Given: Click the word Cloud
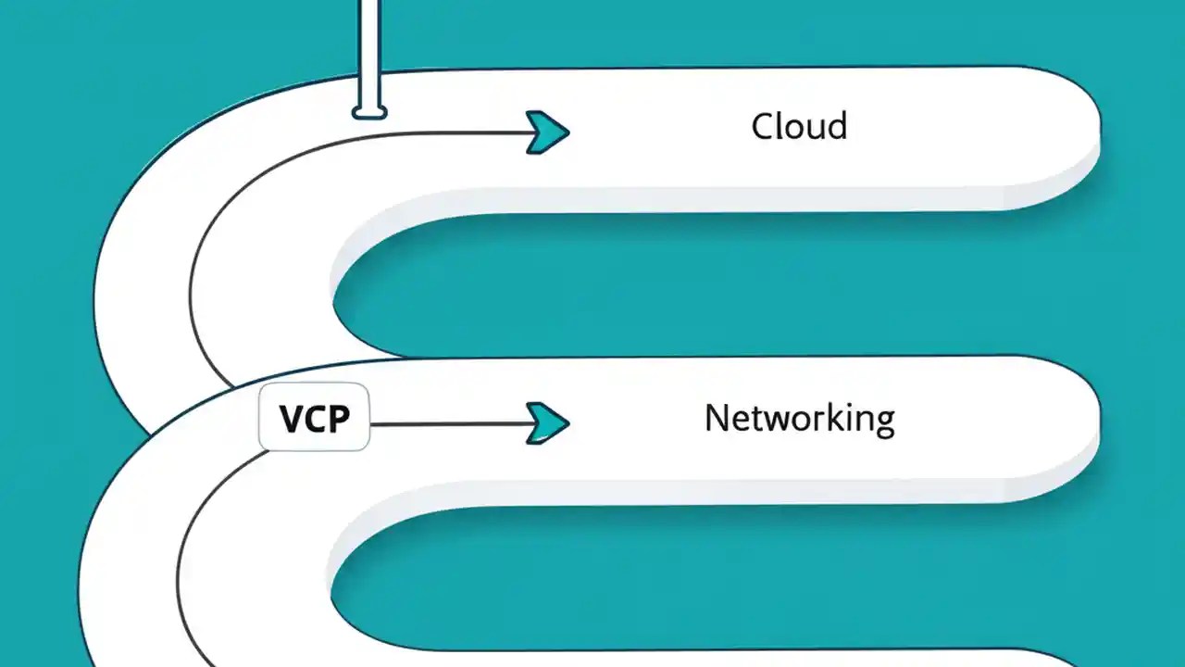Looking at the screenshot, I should point(799,126).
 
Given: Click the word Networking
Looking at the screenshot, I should point(799,419).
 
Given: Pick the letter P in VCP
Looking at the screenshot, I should point(339,420).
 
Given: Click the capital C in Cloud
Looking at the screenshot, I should point(763,127).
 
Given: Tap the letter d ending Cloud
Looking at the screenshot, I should point(837,126).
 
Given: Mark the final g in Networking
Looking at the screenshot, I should point(884,422).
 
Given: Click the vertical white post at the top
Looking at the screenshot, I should point(368,46).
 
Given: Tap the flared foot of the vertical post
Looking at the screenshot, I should point(368,113).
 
